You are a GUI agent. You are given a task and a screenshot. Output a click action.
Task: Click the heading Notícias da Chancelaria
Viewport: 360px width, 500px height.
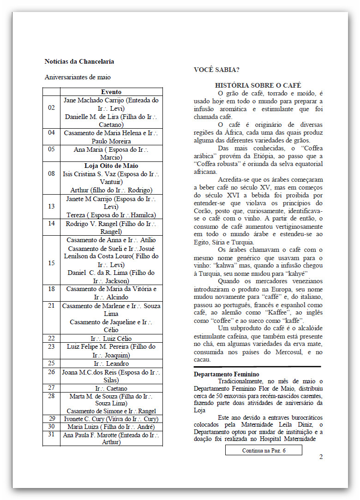(x=79, y=61)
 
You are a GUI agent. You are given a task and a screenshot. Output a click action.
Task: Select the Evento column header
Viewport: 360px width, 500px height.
(x=111, y=92)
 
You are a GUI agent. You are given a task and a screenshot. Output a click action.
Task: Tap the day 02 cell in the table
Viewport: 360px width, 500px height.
(x=51, y=108)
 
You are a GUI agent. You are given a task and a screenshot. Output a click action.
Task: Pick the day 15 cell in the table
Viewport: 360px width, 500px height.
(x=51, y=263)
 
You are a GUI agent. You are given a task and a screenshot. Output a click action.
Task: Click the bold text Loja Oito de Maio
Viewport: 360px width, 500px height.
(x=111, y=166)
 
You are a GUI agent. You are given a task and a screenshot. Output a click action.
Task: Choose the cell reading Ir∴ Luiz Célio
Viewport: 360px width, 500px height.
(x=111, y=338)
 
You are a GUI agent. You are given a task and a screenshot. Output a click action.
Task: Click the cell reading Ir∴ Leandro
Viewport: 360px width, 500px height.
(x=111, y=363)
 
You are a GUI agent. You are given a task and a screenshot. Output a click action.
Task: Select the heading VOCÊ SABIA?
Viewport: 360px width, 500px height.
(x=216, y=70)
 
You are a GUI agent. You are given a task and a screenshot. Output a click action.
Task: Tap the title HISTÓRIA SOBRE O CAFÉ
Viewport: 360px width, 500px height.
(x=258, y=85)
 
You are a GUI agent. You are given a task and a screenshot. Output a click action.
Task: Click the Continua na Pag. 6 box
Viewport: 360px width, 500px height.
(x=264, y=450)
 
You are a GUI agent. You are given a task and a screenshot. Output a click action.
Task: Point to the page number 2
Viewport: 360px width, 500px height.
(x=320, y=457)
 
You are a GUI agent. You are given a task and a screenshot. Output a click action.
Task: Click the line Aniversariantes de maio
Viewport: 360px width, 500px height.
(x=78, y=77)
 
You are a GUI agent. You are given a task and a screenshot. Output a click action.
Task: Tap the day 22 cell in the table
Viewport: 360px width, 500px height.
(x=51, y=338)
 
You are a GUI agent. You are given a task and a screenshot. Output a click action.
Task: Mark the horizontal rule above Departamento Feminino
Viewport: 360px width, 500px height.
(x=257, y=367)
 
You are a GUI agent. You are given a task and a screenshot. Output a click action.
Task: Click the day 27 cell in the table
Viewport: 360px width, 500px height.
(x=51, y=388)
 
